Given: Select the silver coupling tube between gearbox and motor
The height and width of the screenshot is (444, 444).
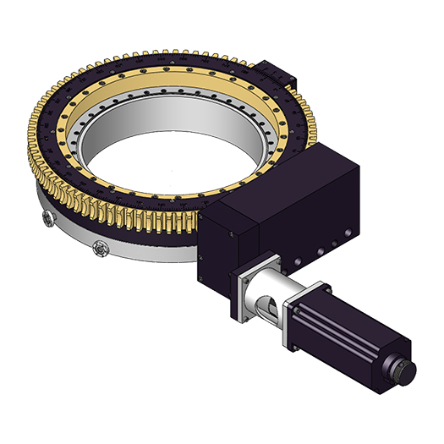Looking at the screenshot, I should pos(269,288).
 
